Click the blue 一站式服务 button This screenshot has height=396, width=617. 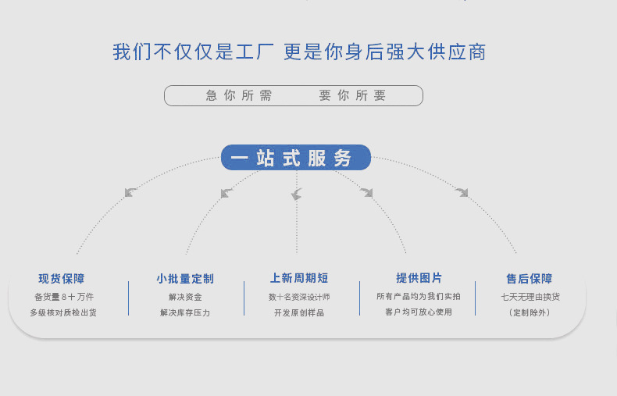pyautogui.click(x=296, y=158)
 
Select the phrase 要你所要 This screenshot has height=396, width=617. pyautogui.click(x=352, y=95)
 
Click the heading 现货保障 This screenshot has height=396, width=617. pyautogui.click(x=62, y=279)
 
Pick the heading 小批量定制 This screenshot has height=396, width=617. pyautogui.click(x=185, y=279)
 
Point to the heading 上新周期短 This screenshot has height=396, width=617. pyautogui.click(x=299, y=279)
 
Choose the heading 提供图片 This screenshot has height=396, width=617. pyautogui.click(x=419, y=278)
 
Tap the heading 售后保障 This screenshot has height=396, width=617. pyautogui.click(x=530, y=279)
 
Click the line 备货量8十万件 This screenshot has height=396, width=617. pyautogui.click(x=64, y=297)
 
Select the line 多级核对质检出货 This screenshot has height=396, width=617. pyautogui.click(x=63, y=312)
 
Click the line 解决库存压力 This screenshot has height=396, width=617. pyautogui.click(x=185, y=312)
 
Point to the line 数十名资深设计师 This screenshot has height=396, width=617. pyautogui.click(x=299, y=297)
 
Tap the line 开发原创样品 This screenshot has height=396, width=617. pyautogui.click(x=299, y=312)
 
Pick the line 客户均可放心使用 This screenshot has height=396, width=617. pyautogui.click(x=419, y=312)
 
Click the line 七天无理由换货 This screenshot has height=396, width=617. pyautogui.click(x=530, y=297)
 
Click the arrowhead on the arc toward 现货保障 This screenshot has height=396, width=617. pyautogui.click(x=130, y=191)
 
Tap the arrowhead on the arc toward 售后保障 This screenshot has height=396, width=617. pyautogui.click(x=462, y=191)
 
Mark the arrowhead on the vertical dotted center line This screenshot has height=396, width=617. pyautogui.click(x=296, y=194)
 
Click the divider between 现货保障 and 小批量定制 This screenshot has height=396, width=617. pyautogui.click(x=128, y=298)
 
